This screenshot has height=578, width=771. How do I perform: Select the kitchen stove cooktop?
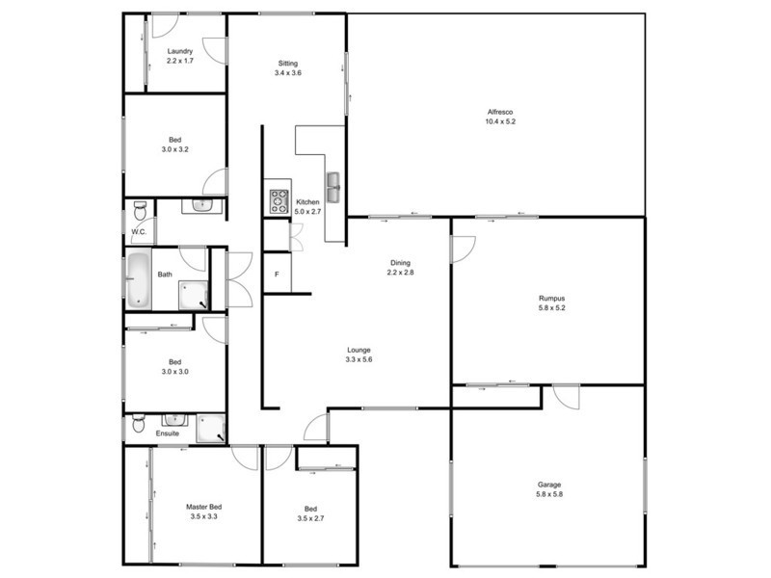279,201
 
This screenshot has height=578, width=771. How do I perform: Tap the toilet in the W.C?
141,211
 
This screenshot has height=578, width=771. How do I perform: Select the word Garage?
549,485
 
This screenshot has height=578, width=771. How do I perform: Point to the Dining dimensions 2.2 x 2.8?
400,273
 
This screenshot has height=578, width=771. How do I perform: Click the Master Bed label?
203,506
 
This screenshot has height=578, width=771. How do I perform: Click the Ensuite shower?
211,428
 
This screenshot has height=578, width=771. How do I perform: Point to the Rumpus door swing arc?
463,249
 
